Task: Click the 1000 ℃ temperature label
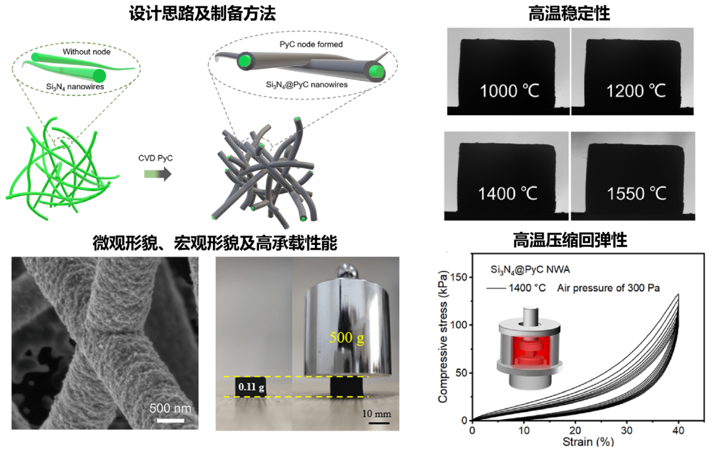pos(509,91)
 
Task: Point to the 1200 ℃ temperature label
pos(636,91)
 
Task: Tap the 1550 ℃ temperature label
pos(636,193)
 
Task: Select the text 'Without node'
pos(87,52)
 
